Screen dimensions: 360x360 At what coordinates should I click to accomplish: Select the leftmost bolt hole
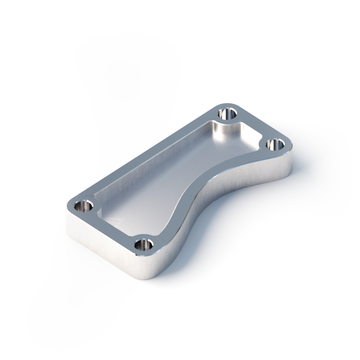83,207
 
